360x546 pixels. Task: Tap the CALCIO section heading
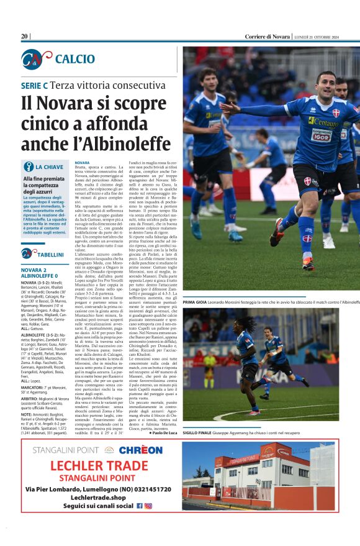click(74, 59)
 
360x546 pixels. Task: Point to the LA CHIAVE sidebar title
click(49, 167)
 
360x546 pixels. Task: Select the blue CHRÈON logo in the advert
click(140, 450)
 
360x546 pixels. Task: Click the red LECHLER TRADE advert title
click(90, 466)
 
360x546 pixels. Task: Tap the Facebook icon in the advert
click(139, 506)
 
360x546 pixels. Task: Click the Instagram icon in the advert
click(148, 506)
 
